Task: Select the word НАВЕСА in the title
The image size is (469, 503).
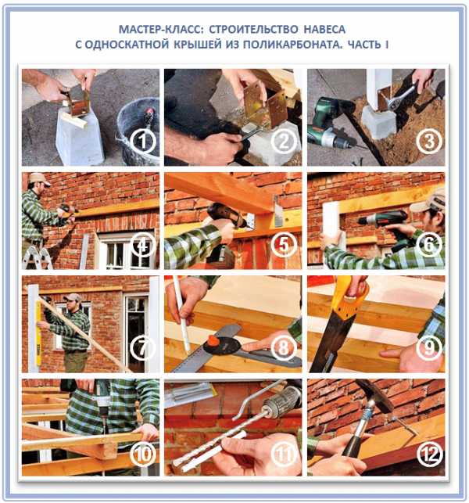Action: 324,29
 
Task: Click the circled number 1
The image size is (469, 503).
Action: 143,142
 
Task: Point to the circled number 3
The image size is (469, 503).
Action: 429,142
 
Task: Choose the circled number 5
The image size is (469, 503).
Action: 284,245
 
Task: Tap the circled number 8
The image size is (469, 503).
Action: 284,348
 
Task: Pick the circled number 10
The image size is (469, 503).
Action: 143,454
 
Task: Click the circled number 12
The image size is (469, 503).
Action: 429,454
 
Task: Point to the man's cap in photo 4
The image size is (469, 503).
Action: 39,179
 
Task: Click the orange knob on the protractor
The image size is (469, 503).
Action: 213,342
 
